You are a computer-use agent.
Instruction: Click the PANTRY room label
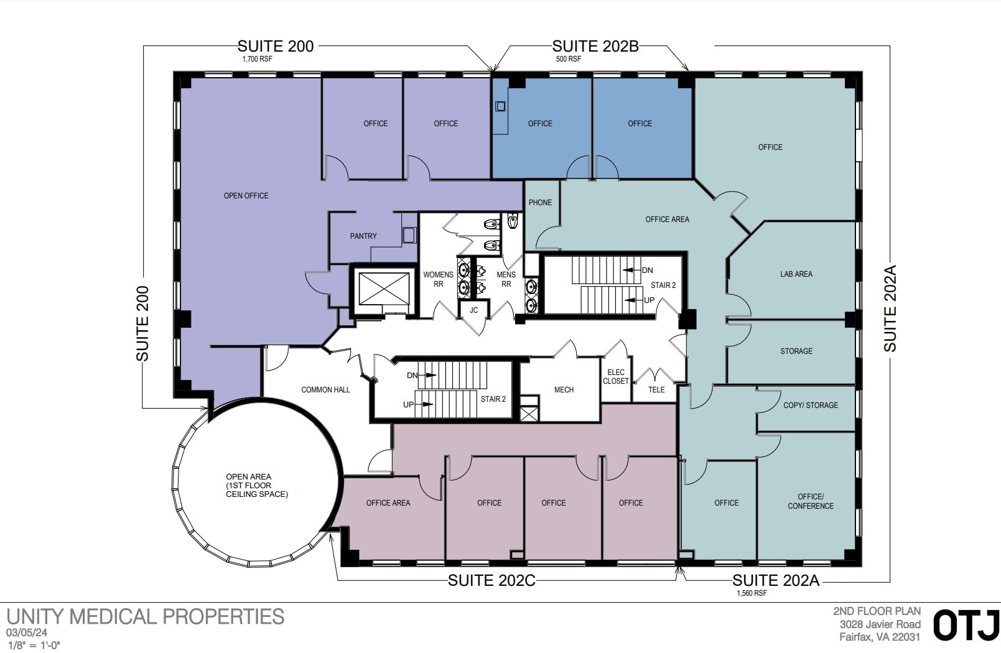(x=363, y=236)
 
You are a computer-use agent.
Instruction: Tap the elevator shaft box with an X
(x=384, y=289)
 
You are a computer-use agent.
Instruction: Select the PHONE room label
(x=540, y=203)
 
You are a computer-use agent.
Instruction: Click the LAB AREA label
(x=796, y=274)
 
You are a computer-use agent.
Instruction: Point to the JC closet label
(x=474, y=310)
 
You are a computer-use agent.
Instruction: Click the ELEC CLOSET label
(x=616, y=377)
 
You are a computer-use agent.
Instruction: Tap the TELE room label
(x=656, y=390)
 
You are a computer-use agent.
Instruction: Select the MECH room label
(x=564, y=390)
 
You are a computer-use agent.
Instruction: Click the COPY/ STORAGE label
(x=811, y=405)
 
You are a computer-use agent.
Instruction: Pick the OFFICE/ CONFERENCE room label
(x=811, y=502)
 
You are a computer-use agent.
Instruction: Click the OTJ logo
(x=966, y=626)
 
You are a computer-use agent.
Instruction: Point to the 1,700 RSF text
(x=257, y=60)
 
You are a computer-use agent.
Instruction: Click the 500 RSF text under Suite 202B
(x=568, y=60)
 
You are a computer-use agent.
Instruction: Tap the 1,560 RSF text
(x=752, y=594)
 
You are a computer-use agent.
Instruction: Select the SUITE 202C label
(x=491, y=581)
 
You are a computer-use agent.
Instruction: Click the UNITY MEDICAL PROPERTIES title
(x=146, y=617)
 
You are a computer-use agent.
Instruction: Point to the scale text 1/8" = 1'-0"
(x=34, y=646)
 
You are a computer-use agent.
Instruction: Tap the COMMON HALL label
(x=325, y=390)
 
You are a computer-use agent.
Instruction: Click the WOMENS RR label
(x=438, y=279)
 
